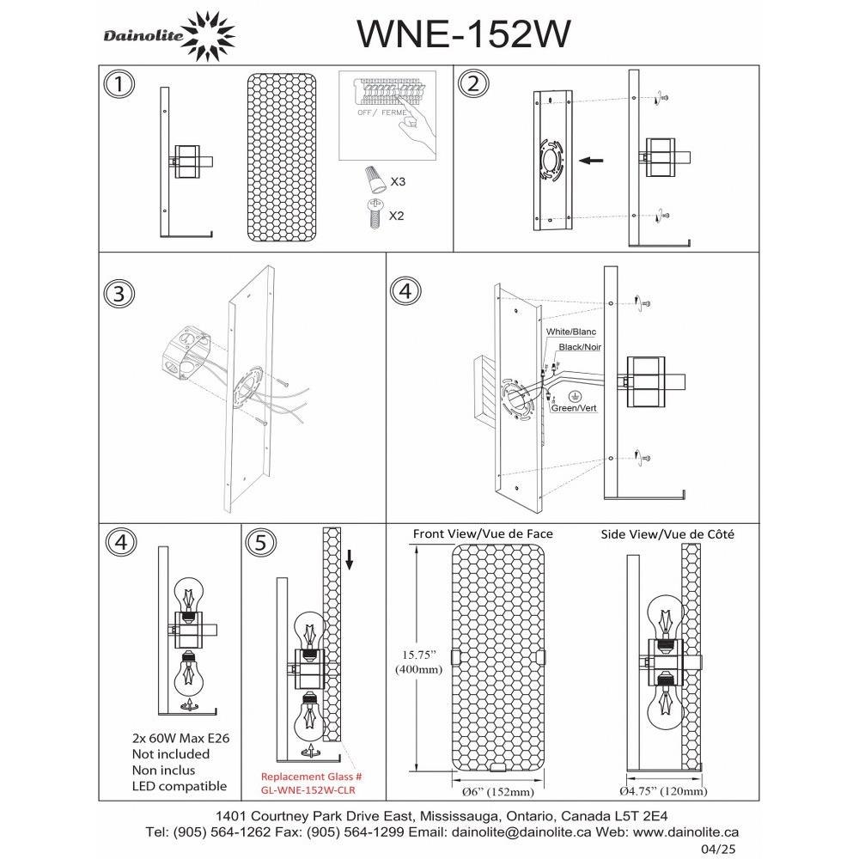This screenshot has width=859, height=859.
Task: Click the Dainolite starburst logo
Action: point(208,37)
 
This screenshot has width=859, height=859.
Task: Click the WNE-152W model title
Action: point(464,34)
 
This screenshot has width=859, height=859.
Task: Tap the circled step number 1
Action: point(119,84)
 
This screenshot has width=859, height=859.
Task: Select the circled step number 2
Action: point(474,84)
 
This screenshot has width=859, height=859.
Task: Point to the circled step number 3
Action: point(119,293)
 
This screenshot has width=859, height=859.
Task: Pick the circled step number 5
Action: point(261,542)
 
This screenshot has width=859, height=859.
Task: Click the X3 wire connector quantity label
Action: point(398,182)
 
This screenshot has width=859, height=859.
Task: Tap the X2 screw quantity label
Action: point(396,216)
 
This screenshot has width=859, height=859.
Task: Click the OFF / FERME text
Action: point(383,113)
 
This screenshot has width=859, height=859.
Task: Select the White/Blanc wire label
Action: point(571,332)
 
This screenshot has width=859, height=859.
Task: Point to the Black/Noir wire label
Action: point(580,347)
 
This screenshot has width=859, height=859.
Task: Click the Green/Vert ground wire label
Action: point(574,408)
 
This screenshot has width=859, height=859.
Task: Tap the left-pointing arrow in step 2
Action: point(591,161)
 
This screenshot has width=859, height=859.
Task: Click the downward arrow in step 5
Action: point(350,559)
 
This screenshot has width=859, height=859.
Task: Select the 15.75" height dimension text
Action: point(418,655)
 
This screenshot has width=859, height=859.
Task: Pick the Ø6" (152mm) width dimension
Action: point(497,792)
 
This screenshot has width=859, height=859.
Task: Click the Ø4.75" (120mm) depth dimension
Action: point(663,791)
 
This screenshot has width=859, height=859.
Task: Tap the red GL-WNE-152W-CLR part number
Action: point(308,790)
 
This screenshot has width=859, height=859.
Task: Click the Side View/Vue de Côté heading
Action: point(667,534)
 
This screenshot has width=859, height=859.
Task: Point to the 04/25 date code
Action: point(722,850)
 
